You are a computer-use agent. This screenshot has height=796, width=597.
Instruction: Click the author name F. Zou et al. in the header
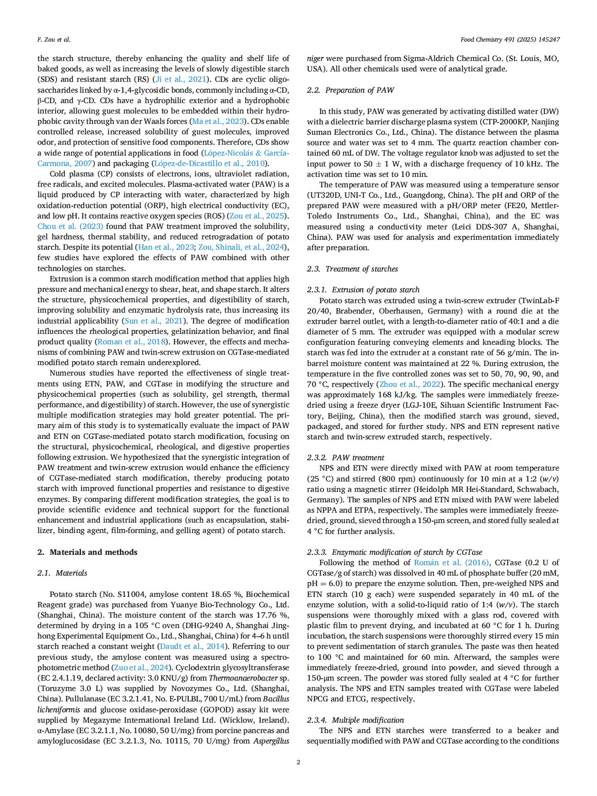pyautogui.click(x=53, y=40)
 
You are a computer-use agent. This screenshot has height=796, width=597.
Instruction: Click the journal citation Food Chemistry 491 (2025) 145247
pyautogui.click(x=510, y=40)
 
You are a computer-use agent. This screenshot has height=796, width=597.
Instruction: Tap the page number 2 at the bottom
pyautogui.click(x=298, y=762)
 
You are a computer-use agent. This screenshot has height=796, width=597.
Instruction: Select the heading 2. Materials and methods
pyautogui.click(x=88, y=552)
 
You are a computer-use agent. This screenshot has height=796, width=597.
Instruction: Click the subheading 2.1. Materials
pyautogui.click(x=62, y=573)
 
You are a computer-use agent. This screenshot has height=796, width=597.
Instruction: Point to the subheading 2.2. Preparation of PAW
pyautogui.click(x=350, y=90)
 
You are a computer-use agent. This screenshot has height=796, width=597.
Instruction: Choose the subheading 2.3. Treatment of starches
pyautogui.click(x=352, y=269)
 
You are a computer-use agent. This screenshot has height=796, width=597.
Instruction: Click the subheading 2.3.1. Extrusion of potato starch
pyautogui.click(x=363, y=289)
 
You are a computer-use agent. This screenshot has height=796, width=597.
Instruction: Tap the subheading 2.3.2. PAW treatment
pyautogui.click(x=345, y=457)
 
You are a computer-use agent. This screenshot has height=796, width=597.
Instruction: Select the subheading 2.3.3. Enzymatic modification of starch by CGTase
pyautogui.click(x=395, y=552)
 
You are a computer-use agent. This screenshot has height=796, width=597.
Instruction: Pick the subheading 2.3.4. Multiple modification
pyautogui.click(x=355, y=720)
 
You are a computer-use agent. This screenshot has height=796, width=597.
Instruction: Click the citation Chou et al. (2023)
pyautogui.click(x=70, y=227)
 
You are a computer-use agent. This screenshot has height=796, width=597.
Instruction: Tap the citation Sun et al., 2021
pyautogui.click(x=153, y=321)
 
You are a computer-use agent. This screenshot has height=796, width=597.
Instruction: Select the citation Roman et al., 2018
pyautogui.click(x=132, y=341)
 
